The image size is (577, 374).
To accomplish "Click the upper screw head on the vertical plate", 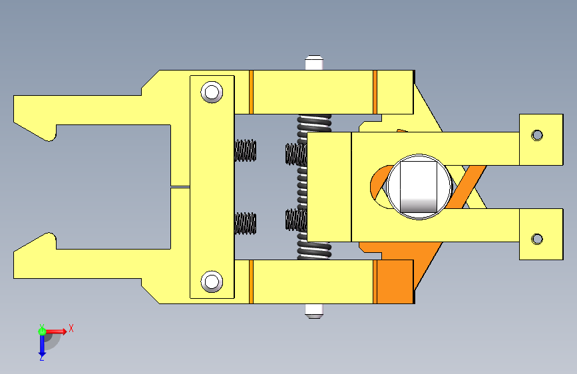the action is [212, 92].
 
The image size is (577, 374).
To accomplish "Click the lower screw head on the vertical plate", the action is [212, 281].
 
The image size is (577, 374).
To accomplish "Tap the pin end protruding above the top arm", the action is [314, 63].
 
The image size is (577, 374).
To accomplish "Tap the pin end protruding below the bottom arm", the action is [314, 311].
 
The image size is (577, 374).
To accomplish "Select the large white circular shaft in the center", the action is [419, 186].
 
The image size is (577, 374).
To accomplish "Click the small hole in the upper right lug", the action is [537, 135].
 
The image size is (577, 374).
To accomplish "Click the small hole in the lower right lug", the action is [537, 239].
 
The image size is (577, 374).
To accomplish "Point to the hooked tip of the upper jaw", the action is [49, 137].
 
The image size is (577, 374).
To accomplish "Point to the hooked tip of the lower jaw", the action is [49, 237].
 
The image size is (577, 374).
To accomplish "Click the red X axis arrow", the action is [55, 331].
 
